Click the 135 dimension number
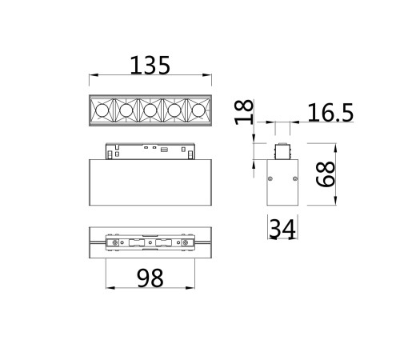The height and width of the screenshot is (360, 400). tap(150, 66)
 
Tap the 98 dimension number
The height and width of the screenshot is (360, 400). tap(150, 278)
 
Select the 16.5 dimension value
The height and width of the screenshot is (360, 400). tap(330, 113)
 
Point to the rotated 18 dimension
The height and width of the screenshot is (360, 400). tap(244, 112)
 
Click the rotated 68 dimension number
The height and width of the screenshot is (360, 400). tap(325, 174)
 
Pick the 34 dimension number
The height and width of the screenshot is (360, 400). tap(282, 229)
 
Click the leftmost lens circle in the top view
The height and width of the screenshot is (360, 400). tap(102, 110)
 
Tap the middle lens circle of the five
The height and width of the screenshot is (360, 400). tap(150, 110)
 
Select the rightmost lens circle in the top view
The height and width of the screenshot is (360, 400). tap(198, 110)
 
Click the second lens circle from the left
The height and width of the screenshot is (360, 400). tap(126, 110)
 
